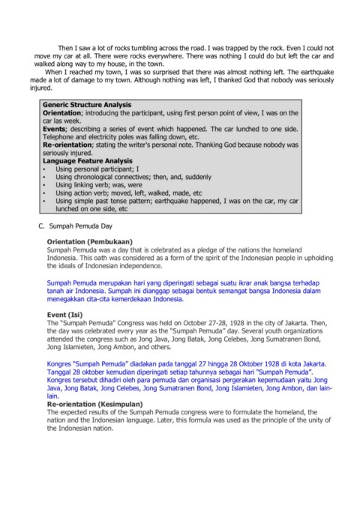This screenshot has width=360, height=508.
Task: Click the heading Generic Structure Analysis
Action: tap(87, 103)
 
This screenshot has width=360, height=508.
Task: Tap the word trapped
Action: tap(232, 46)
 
